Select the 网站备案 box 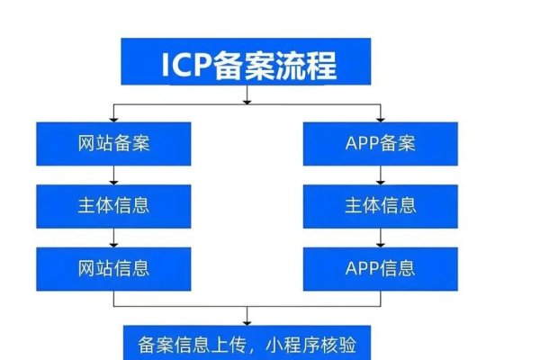(x=113, y=142)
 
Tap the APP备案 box (x=382, y=142)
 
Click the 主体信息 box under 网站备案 (x=113, y=205)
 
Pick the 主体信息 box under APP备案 (x=382, y=205)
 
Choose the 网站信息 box (x=113, y=267)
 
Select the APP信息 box (x=382, y=267)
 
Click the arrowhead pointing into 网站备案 (x=113, y=117)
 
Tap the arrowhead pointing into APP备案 (x=382, y=117)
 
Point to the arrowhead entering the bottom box (x=247, y=319)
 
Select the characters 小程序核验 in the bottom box (x=306, y=344)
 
